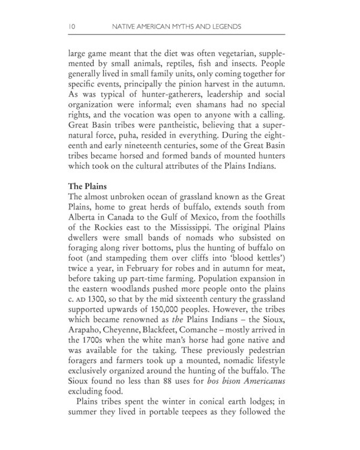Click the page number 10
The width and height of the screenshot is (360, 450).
click(x=71, y=26)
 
